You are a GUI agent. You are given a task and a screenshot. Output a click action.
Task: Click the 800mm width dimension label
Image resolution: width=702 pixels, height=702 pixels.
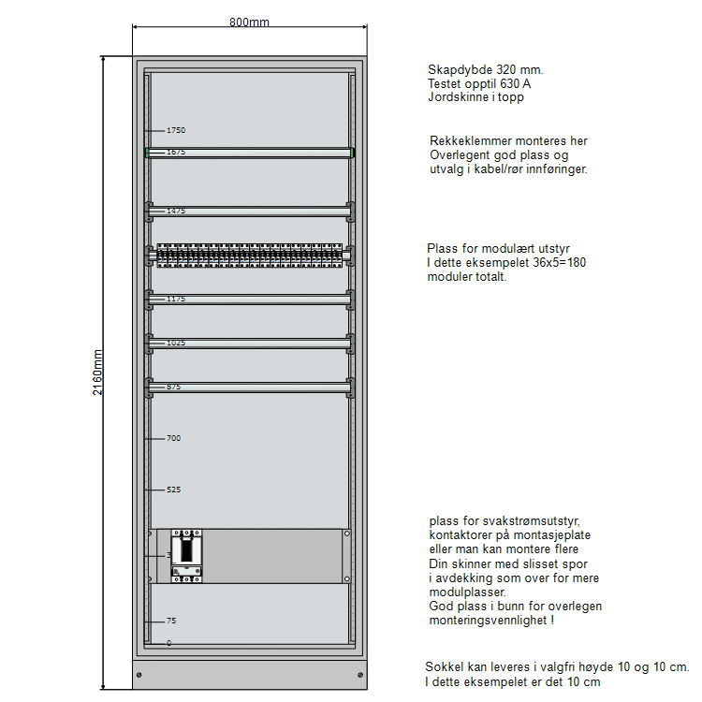click(249, 22)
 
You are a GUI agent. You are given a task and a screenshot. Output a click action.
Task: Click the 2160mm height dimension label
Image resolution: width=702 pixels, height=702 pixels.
click(98, 373)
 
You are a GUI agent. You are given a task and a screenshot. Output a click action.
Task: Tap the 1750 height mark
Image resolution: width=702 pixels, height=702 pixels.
click(175, 130)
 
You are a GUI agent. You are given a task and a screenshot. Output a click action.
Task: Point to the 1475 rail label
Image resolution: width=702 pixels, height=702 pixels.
click(176, 212)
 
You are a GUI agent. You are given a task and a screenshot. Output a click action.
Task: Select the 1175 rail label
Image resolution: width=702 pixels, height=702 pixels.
click(176, 299)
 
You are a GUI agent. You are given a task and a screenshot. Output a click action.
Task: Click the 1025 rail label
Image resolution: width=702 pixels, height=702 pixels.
click(176, 343)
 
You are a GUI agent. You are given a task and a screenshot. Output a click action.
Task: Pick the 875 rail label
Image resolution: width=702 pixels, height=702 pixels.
click(174, 387)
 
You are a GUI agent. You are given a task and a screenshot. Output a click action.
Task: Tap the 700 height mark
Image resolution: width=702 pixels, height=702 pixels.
click(173, 438)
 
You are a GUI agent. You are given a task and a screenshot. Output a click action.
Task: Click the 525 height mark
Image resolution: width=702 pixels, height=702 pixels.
click(173, 490)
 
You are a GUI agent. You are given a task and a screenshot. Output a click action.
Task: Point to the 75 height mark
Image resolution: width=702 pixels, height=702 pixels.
click(170, 621)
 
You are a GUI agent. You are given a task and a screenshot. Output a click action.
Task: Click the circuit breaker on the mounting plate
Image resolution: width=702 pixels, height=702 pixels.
click(186, 556)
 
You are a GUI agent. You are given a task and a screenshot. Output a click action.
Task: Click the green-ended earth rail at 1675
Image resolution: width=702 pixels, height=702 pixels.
click(249, 153)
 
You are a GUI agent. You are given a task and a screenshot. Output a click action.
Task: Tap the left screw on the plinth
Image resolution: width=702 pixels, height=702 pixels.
click(139, 675)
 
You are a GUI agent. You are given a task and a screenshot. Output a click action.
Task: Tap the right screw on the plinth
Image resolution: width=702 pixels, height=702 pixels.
click(359, 675)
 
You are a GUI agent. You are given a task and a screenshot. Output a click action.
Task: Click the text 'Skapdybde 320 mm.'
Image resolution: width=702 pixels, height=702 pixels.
click(485, 70)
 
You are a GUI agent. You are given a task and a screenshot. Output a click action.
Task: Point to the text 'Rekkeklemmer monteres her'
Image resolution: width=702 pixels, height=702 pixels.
click(508, 141)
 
